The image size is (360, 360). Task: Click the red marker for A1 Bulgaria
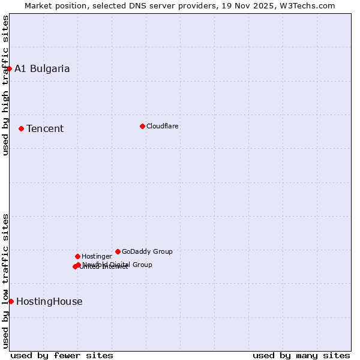(x=9, y=68)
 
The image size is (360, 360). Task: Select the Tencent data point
(x=21, y=128)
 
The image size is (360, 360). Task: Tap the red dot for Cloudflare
(x=142, y=126)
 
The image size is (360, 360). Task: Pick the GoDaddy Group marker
(x=118, y=251)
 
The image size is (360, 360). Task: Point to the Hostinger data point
(x=77, y=256)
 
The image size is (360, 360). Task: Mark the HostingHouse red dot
(x=11, y=301)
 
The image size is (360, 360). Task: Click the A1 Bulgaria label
(x=42, y=68)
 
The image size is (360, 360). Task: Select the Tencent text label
(x=45, y=128)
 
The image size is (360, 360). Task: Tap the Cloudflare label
(x=163, y=126)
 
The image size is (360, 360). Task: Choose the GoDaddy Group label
(x=147, y=251)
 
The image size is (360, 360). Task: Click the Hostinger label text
(x=97, y=256)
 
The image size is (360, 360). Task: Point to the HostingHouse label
(x=49, y=301)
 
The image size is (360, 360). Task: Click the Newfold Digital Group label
(x=118, y=265)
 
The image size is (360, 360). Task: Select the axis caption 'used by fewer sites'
(x=62, y=355)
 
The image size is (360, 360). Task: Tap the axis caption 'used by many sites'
(x=301, y=355)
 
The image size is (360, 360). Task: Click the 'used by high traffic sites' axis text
(x=5, y=85)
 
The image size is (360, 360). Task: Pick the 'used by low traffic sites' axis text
(x=5, y=281)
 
